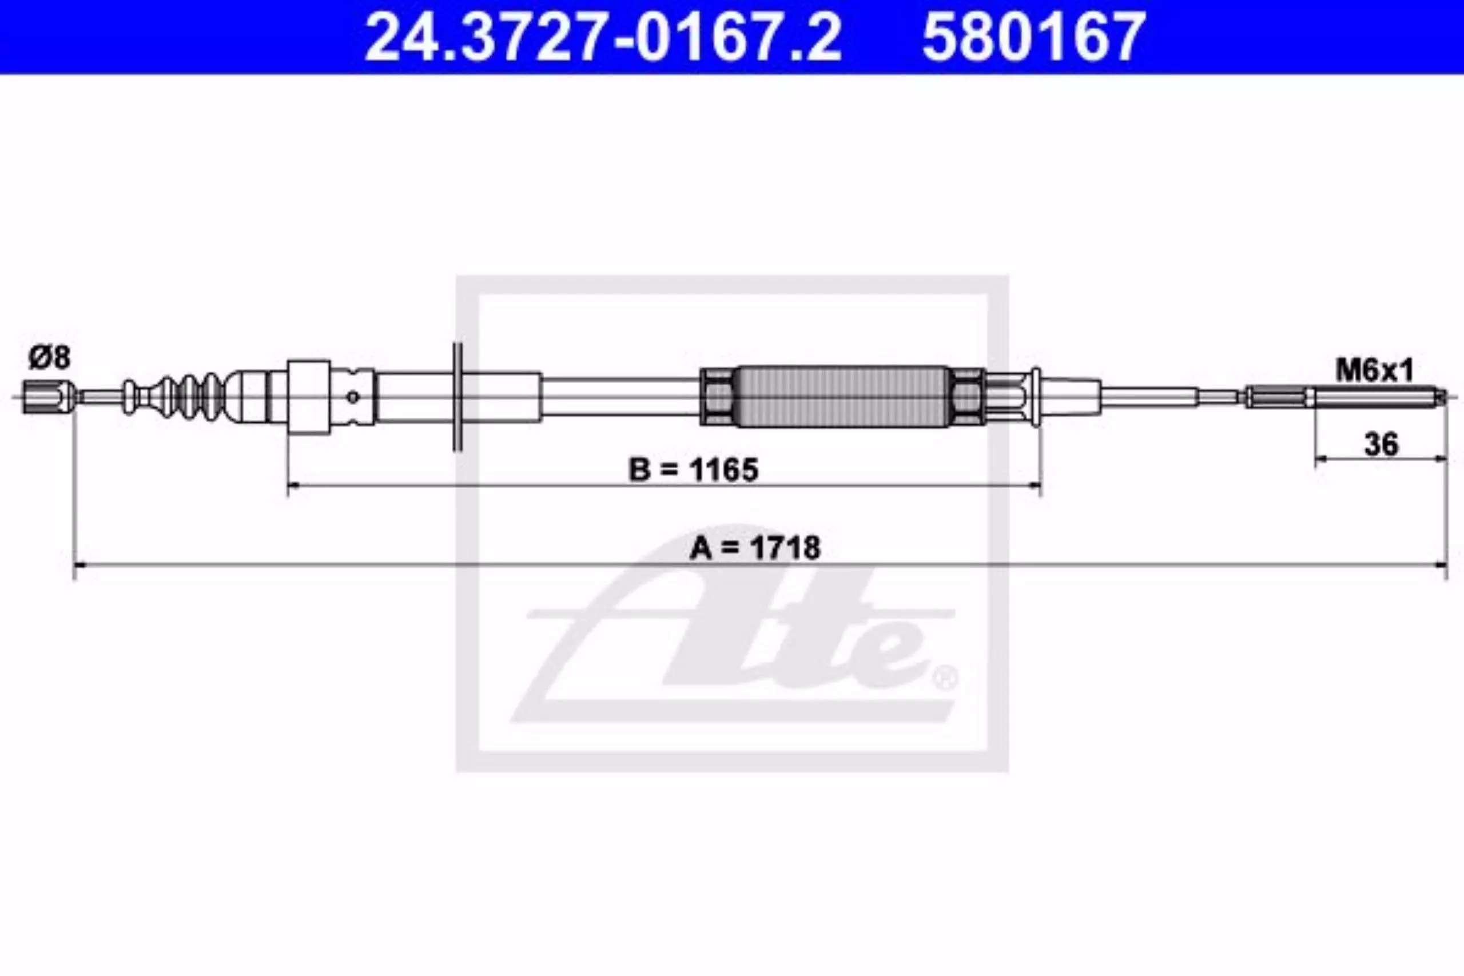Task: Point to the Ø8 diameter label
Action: click(50, 358)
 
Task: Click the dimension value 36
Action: click(1381, 444)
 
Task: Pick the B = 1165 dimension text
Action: click(694, 469)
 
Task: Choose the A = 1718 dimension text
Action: click(755, 548)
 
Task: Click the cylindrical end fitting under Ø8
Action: click(49, 396)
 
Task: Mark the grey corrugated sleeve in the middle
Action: click(842, 396)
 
